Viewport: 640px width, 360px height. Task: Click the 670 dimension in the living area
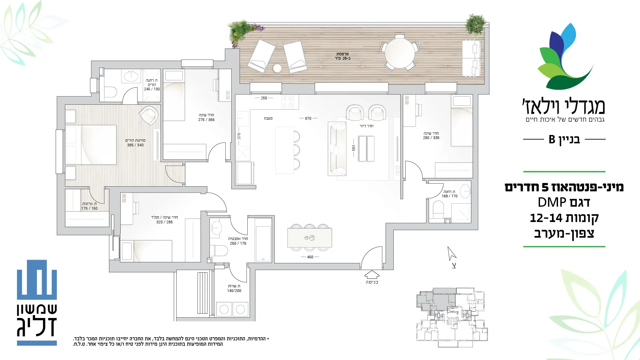[x=308, y=118]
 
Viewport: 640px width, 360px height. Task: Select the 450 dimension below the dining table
[x=310, y=257]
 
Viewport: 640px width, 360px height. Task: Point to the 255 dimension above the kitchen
[x=264, y=98]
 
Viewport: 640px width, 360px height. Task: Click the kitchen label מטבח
[x=268, y=118]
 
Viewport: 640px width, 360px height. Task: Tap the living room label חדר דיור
[x=366, y=126]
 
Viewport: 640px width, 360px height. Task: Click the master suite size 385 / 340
[x=135, y=145]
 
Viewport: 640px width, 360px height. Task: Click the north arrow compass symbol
[x=452, y=254]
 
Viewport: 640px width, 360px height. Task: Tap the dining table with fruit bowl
[x=310, y=238]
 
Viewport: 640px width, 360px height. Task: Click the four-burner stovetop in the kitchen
[x=288, y=102]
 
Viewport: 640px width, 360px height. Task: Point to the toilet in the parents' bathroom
[x=111, y=92]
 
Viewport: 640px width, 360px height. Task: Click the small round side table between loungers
[x=277, y=68]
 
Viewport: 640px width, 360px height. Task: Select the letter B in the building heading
[x=552, y=139]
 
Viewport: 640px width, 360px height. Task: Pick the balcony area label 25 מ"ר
[x=343, y=59]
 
